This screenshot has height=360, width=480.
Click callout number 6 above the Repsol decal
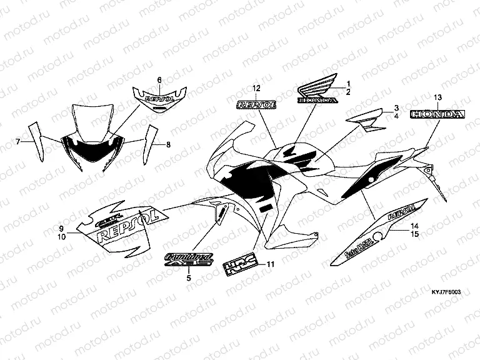coord(159,80)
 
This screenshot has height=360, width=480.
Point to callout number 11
coord(270,264)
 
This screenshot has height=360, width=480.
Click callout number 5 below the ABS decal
coord(189,277)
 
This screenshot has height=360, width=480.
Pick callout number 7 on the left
coord(19,142)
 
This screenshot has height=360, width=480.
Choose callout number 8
coord(167,144)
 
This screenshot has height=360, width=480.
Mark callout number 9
coord(62,229)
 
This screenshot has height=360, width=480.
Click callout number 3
coord(396,107)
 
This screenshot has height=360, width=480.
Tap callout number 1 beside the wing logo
coord(349,84)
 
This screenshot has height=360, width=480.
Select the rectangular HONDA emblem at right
coord(437,114)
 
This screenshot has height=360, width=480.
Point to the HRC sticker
coord(240,266)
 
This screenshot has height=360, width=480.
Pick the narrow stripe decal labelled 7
coord(37,141)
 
